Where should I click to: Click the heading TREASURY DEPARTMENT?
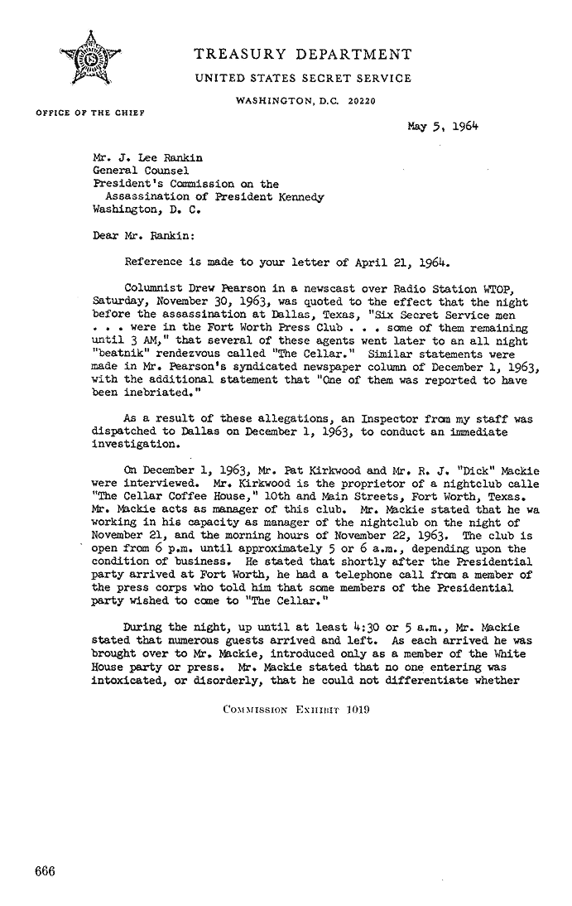tap(301, 55)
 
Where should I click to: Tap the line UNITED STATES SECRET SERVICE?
tap(302, 80)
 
